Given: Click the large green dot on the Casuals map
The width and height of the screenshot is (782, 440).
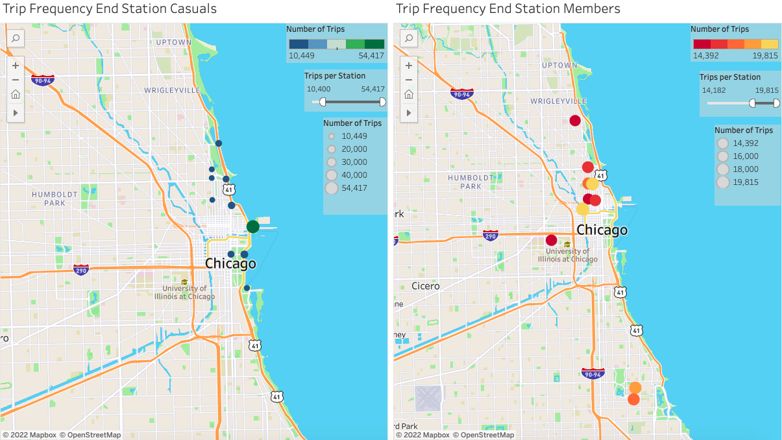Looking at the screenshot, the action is coord(253,226).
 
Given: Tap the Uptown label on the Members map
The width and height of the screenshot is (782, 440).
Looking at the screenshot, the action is coord(559,65).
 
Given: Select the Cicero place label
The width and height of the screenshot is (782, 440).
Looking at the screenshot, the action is coord(425,286).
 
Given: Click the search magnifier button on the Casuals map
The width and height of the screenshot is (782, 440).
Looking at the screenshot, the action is coord(16,38).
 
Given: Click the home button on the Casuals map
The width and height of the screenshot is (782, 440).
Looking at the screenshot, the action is coord(16,94).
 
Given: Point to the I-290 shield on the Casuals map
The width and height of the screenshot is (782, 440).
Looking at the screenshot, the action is coord(81,269).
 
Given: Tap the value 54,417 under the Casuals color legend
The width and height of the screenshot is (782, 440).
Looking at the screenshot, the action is coord(371,56).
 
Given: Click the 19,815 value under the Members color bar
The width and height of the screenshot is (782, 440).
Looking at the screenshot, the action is coord(765,56).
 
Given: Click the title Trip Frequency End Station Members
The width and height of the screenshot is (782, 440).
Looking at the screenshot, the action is coord(507,8).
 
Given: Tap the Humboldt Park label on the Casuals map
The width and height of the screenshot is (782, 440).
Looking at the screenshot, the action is coord(55,199).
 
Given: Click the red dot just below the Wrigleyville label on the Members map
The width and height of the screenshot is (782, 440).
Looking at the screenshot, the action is coord(575,120).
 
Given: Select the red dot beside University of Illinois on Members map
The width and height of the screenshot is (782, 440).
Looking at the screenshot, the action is coord(552,240).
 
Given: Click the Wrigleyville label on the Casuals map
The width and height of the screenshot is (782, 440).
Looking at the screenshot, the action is coord(173,90).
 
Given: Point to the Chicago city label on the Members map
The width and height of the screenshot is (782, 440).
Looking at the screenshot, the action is coord(602,230).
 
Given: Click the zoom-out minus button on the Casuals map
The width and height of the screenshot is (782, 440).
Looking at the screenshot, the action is coord(16,80).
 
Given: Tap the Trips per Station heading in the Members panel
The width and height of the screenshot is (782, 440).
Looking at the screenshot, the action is coord(730,77).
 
